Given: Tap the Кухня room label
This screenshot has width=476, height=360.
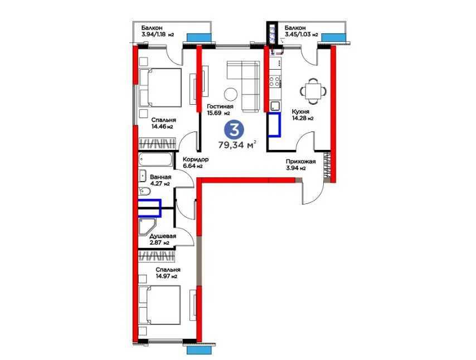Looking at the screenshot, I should [300, 111].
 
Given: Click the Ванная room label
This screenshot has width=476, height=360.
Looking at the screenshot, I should [160, 177].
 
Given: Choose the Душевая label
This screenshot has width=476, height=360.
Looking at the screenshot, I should [163, 236].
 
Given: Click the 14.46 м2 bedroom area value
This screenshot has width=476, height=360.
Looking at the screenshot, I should [162, 127].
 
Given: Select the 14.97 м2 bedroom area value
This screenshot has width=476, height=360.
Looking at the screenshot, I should [166, 276].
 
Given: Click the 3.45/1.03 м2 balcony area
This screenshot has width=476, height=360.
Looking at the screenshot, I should [301, 35].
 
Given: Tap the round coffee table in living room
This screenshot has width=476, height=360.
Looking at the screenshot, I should [230, 93].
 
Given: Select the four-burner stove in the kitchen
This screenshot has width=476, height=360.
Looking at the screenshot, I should [275, 82].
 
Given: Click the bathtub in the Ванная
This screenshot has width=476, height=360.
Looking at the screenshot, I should [158, 159].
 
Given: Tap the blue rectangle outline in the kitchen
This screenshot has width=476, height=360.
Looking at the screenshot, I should [274, 124].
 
